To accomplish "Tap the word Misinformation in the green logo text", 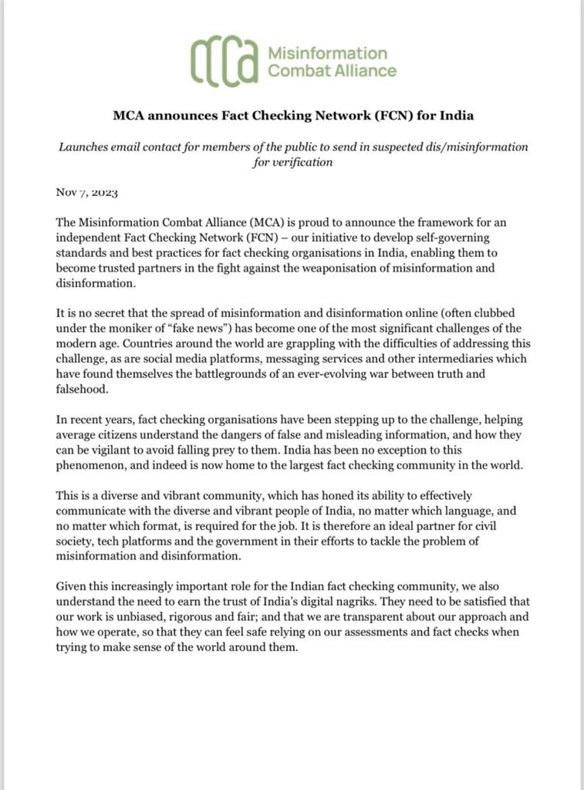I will tap(326, 53).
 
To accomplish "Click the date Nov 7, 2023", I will tap(86, 192).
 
